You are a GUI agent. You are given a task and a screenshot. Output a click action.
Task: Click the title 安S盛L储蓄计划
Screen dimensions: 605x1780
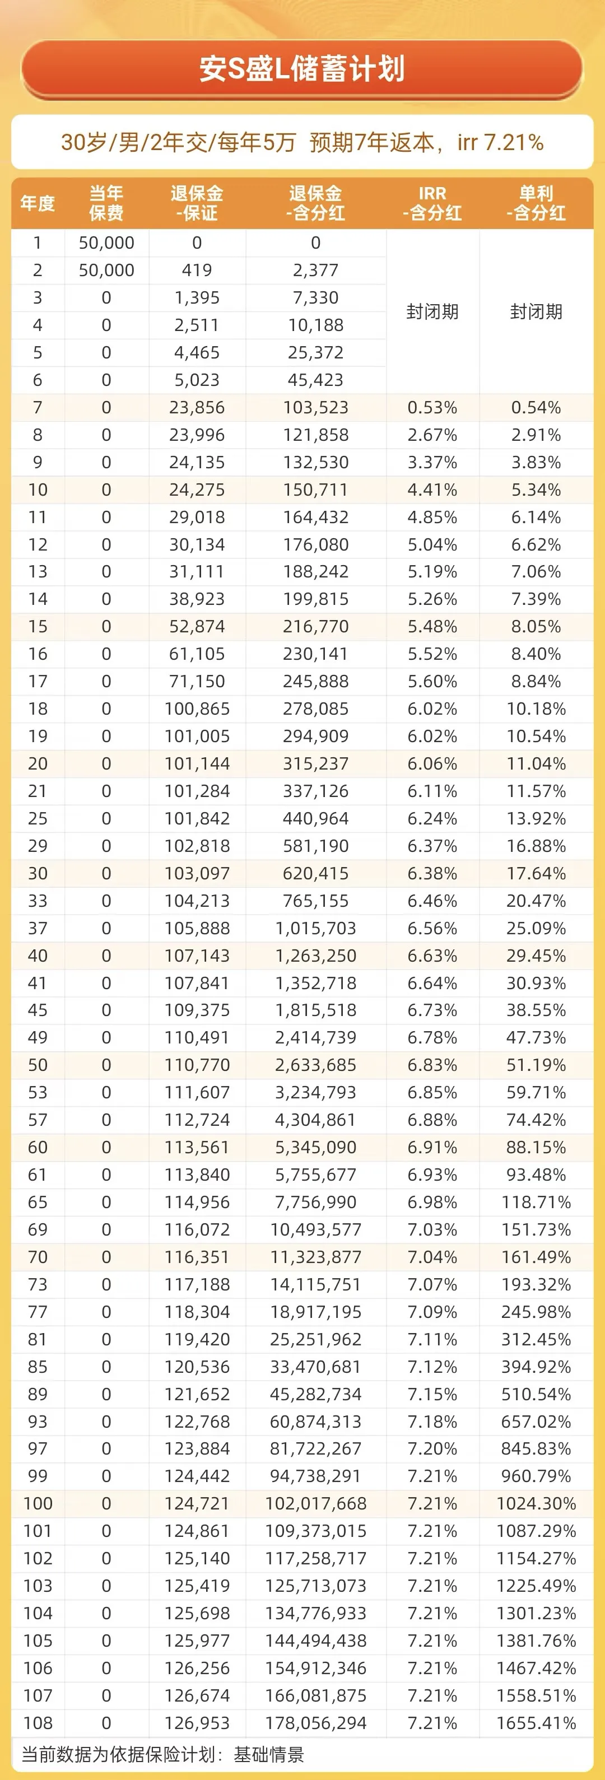click(x=302, y=69)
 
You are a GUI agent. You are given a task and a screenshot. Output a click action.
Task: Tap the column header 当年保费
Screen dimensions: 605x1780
click(x=106, y=203)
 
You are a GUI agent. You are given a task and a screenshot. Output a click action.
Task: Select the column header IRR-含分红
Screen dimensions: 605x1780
click(x=432, y=203)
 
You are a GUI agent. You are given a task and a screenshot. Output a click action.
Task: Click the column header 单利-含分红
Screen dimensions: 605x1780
click(x=536, y=203)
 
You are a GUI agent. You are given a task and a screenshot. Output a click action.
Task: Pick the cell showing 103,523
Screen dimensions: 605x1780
click(x=315, y=408)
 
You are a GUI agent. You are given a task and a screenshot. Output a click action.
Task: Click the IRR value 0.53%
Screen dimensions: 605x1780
click(x=432, y=408)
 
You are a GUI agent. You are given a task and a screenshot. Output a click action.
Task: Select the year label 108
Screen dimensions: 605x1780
click(x=38, y=1723)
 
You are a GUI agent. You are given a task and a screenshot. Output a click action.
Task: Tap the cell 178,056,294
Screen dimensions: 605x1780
click(x=315, y=1723)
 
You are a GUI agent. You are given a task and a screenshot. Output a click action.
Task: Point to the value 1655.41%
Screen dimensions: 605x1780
click(x=536, y=1723)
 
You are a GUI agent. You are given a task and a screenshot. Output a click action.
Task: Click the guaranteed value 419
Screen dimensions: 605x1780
click(x=197, y=270)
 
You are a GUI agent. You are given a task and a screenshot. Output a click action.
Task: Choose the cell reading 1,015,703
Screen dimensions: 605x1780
click(x=315, y=928)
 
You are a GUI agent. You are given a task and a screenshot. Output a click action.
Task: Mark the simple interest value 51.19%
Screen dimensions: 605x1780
click(x=536, y=1065)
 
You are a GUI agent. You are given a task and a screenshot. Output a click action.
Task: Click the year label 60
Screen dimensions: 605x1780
click(x=38, y=1147)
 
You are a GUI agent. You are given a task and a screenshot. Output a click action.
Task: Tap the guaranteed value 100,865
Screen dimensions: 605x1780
click(x=197, y=709)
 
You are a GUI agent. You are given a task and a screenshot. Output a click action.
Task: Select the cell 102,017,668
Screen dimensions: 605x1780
click(x=315, y=1504)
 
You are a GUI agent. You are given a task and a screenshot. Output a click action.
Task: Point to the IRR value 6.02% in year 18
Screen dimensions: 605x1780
click(x=432, y=709)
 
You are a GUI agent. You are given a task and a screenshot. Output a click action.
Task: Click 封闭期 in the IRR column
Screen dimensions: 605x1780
click(x=432, y=311)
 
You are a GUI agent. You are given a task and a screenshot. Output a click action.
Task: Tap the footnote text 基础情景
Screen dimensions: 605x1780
click(x=269, y=1754)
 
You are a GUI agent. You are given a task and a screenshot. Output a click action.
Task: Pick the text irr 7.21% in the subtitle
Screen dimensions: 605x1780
click(x=501, y=142)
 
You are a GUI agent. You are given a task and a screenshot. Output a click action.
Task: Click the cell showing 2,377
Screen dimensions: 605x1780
click(x=315, y=270)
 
